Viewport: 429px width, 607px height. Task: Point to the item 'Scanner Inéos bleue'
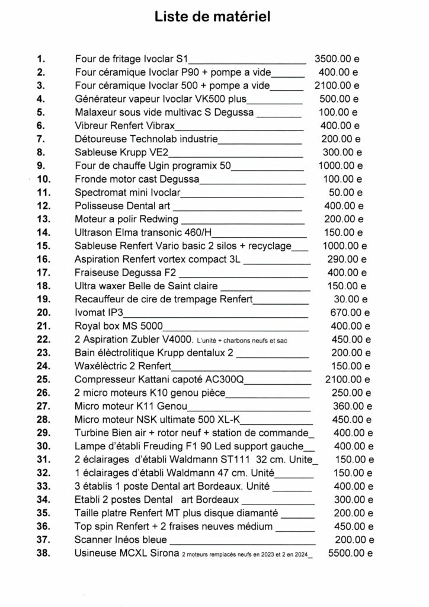tap(121, 540)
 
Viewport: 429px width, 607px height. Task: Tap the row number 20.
tap(43, 312)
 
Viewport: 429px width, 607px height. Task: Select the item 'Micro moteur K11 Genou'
tap(131, 406)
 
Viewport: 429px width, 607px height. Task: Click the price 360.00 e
tap(350, 406)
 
